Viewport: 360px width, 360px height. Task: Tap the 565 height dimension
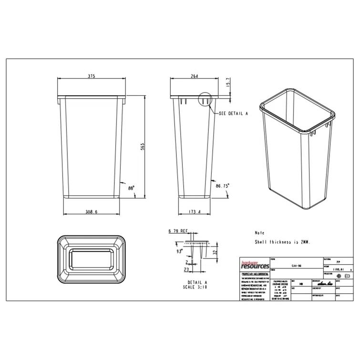[x=142, y=146]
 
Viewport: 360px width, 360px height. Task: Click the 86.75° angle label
[x=223, y=185]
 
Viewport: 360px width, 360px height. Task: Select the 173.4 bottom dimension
[x=194, y=212]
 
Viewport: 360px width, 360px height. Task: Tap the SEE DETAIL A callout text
[x=234, y=114]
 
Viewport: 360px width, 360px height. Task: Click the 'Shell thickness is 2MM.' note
[x=283, y=242]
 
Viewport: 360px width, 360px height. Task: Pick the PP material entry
[x=338, y=262]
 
